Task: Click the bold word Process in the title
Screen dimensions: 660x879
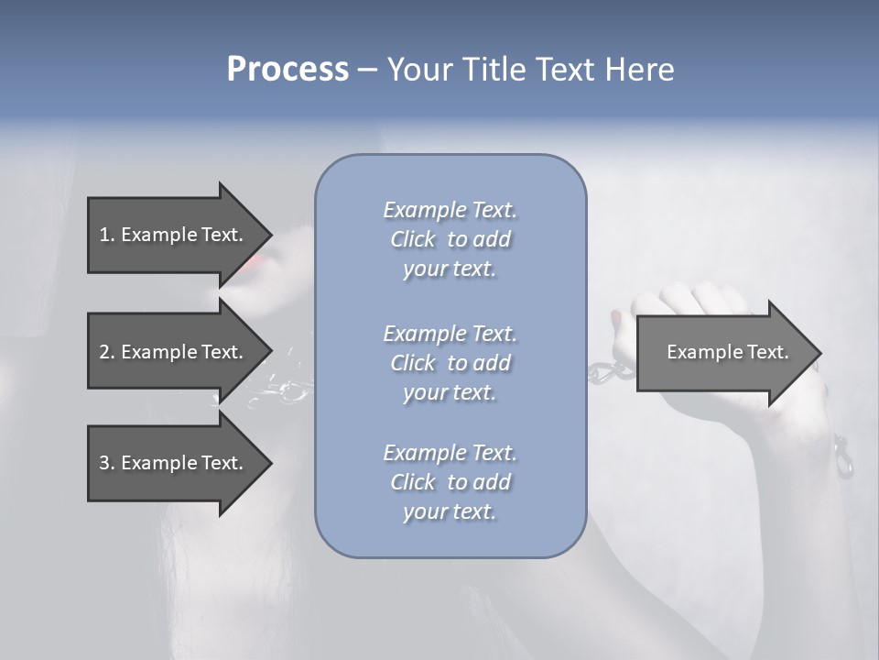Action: pos(288,70)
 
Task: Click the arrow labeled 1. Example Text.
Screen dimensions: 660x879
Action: pos(172,235)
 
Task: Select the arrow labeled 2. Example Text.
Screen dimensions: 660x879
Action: pos(172,352)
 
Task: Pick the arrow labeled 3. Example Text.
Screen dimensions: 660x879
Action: pos(172,463)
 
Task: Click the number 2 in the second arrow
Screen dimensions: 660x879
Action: pos(103,352)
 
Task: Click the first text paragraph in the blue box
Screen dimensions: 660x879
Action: pos(450,239)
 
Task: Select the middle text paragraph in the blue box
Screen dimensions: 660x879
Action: pos(450,363)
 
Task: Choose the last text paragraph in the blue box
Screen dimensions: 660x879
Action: pos(450,482)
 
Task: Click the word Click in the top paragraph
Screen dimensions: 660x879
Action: pos(413,239)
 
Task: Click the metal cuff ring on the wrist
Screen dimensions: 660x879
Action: pos(842,458)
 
